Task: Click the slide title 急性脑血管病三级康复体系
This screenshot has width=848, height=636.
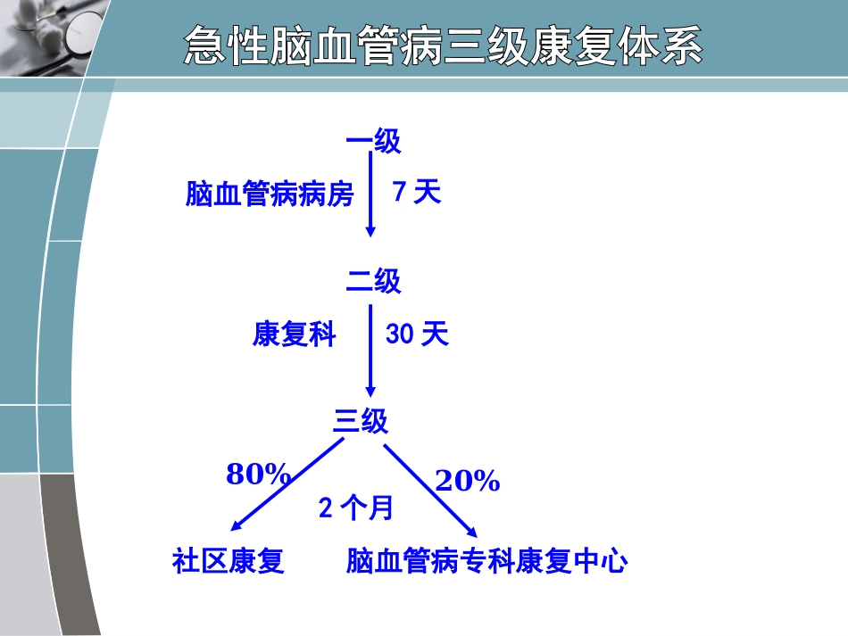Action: point(443,45)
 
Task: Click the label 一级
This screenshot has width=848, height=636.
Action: point(373,141)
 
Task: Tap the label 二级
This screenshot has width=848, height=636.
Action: point(373,282)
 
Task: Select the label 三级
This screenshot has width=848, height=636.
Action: point(361,421)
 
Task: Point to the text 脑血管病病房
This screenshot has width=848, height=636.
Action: point(270,194)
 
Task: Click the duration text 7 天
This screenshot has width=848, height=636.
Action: point(417,193)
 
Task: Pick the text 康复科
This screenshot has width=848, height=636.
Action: point(294,335)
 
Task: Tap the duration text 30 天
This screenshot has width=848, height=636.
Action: point(417,335)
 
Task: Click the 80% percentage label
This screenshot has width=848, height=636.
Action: point(258,475)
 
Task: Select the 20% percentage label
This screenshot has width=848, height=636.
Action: point(467,482)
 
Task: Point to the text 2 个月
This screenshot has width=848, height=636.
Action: point(355,508)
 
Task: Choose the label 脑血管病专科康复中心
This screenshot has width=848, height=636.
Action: point(486,561)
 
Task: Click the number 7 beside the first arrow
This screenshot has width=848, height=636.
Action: point(399,193)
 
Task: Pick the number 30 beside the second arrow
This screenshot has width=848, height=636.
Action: point(398,335)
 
